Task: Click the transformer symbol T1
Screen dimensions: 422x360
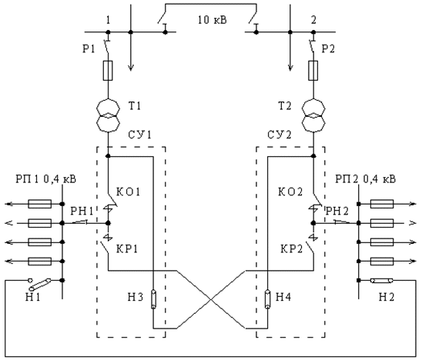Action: pyautogui.click(x=108, y=115)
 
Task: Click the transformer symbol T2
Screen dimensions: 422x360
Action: pyautogui.click(x=313, y=115)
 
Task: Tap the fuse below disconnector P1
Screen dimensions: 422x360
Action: pyautogui.click(x=108, y=71)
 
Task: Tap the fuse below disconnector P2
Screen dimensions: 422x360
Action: pyautogui.click(x=313, y=71)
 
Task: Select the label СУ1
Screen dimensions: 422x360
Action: pyautogui.click(x=139, y=135)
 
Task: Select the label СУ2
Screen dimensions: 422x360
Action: pyautogui.click(x=280, y=135)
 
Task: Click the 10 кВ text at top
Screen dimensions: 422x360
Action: pyautogui.click(x=213, y=20)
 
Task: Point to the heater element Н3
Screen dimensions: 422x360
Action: pyautogui.click(x=153, y=299)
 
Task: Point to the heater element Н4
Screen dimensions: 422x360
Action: pyautogui.click(x=267, y=299)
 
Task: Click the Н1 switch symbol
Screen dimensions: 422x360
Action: pyautogui.click(x=40, y=284)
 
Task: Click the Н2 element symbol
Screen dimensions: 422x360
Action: pyautogui.click(x=382, y=281)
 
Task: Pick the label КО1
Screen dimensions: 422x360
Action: pyautogui.click(x=128, y=192)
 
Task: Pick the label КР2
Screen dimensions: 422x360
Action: pyautogui.click(x=292, y=248)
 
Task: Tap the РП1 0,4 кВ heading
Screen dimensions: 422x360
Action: pyautogui.click(x=45, y=178)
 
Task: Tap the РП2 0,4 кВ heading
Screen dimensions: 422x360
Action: pyautogui.click(x=366, y=178)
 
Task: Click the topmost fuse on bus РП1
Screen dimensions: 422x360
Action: pyautogui.click(x=40, y=204)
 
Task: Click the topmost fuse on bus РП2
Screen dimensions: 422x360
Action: pyautogui.click(x=382, y=204)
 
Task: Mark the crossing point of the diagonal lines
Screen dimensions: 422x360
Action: pyautogui.click(x=211, y=299)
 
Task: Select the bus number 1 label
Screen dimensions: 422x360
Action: pyautogui.click(x=108, y=21)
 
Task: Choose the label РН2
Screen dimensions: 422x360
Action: pyautogui.click(x=337, y=212)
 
